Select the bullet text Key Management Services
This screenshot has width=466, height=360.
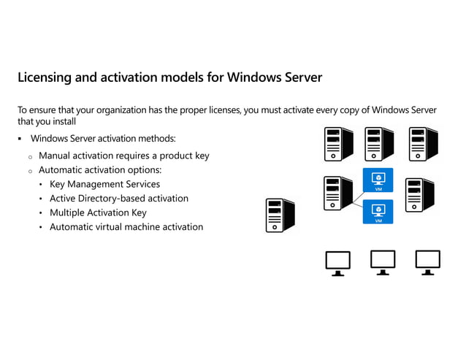104,184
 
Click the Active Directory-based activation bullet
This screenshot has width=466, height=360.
118,198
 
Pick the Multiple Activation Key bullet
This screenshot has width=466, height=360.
98,212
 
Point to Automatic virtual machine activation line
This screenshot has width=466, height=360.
126,227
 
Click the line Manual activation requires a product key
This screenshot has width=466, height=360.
123,156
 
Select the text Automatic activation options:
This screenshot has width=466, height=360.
100,169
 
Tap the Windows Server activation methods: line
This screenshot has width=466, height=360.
102,139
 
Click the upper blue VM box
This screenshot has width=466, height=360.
378,180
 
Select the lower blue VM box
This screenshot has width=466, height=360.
378,212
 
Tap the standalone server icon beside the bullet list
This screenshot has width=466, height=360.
280,215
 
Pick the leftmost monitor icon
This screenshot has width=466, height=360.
337,263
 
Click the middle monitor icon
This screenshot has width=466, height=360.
383,263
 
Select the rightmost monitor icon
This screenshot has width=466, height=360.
427,263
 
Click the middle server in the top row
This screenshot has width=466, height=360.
380,144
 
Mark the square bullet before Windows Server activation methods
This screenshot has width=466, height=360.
20,139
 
